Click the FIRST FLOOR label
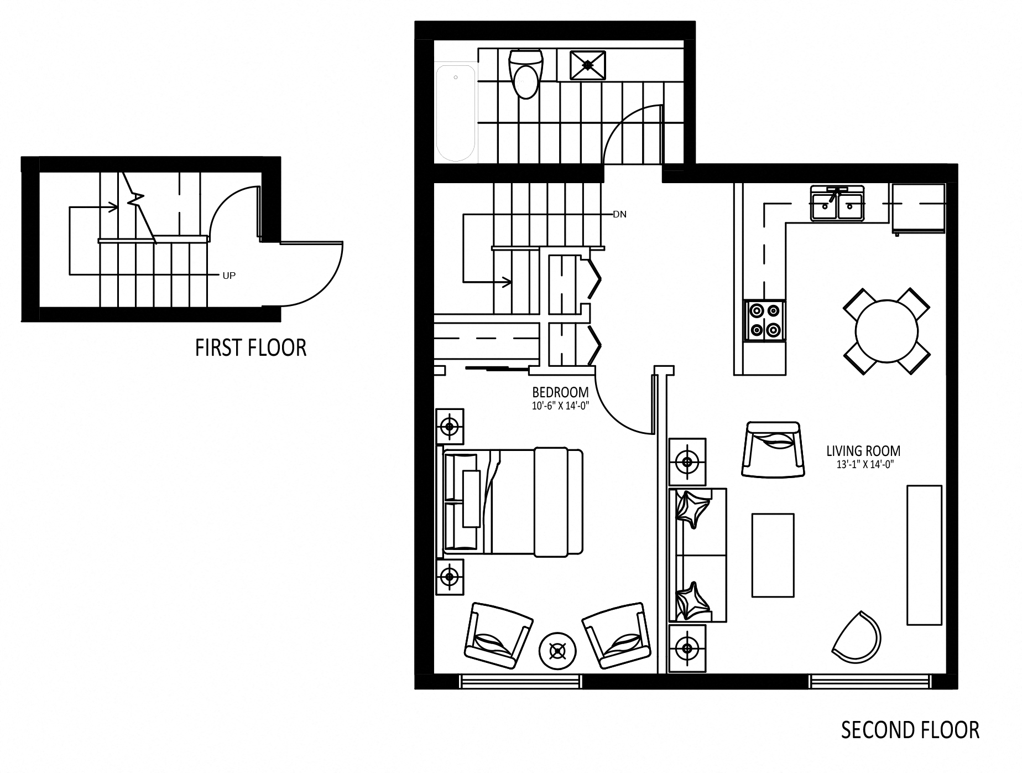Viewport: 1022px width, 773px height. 251,348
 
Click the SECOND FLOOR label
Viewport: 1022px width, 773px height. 910,730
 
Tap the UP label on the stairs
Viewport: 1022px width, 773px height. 229,276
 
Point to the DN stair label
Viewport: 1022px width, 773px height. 619,214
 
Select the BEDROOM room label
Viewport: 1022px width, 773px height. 560,392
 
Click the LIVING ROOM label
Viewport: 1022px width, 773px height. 863,451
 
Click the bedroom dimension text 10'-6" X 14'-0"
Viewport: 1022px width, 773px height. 560,405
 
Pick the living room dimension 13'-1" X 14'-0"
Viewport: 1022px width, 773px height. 865,465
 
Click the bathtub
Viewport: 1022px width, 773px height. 456,113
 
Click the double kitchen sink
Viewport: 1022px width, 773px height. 837,204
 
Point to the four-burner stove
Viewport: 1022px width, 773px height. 764,320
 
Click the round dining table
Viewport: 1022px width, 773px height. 887,331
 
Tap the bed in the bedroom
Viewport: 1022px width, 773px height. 513,501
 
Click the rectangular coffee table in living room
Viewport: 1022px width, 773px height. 773,555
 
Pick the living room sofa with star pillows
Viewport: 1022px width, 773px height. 697,555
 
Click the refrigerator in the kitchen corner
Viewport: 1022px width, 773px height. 918,209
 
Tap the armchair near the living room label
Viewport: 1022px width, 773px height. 772,449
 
